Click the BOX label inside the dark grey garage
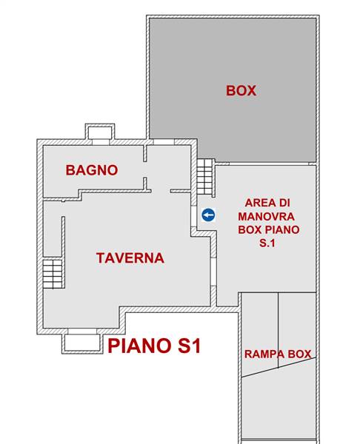(x=241, y=91)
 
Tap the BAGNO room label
(x=91, y=169)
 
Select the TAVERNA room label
(x=130, y=258)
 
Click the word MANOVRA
(x=267, y=216)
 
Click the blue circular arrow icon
(x=208, y=215)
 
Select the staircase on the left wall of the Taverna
(x=53, y=274)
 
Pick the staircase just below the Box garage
(x=204, y=178)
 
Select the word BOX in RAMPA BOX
(x=300, y=354)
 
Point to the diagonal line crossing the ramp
(x=279, y=369)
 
